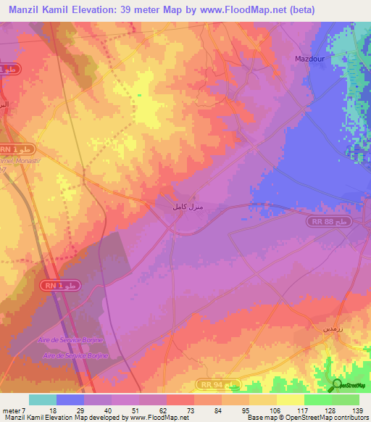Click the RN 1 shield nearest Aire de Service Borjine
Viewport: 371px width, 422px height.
(63, 287)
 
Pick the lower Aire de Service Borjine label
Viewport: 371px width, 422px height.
(75, 355)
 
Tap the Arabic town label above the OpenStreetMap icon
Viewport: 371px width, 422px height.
(329, 328)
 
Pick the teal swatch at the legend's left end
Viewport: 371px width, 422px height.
(43, 400)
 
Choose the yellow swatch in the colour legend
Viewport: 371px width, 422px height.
(290, 400)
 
